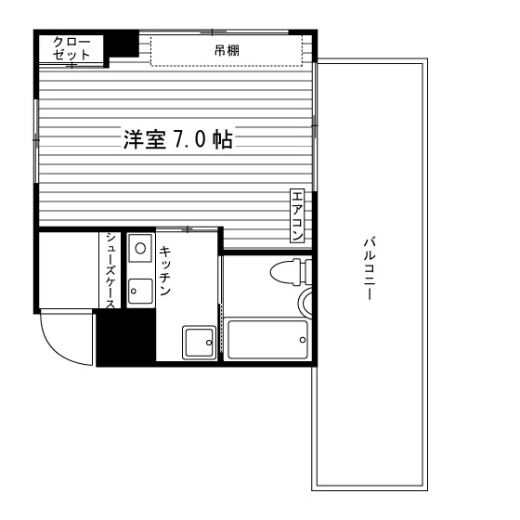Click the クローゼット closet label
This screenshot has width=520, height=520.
click(x=71, y=48)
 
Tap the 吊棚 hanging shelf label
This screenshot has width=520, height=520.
click(x=227, y=51)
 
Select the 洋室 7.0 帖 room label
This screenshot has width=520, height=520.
click(x=178, y=138)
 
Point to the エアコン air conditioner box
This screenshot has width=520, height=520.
click(x=297, y=215)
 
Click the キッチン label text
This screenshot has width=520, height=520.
click(x=165, y=270)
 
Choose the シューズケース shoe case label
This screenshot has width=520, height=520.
click(x=110, y=270)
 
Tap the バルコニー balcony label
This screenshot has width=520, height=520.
click(x=370, y=268)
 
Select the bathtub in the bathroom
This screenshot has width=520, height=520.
click(x=267, y=339)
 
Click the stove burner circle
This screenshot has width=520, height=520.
click(x=140, y=248)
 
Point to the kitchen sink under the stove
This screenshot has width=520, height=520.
click(x=140, y=292)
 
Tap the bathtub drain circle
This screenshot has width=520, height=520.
click(x=303, y=340)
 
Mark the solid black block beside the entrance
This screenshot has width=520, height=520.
click(x=126, y=337)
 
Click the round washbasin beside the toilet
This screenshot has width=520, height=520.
click(x=305, y=303)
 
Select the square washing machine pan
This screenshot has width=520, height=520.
click(x=199, y=343)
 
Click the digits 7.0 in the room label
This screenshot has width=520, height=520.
click(x=188, y=139)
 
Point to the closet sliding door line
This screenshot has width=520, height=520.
click(x=72, y=65)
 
